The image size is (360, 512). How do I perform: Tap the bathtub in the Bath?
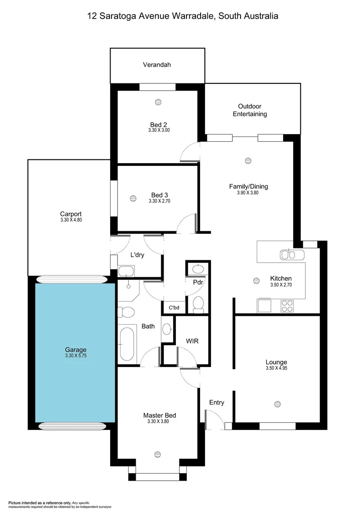point(126,344)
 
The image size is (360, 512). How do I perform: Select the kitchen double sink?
point(292,255)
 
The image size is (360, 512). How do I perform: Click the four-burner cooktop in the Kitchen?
point(287,306)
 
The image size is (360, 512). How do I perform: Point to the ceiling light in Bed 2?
point(157,101)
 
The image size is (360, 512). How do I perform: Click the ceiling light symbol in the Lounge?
point(277,404)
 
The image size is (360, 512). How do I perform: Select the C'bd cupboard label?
point(174,308)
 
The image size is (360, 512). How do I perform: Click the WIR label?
point(192,340)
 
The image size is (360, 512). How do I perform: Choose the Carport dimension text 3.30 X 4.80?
point(71,220)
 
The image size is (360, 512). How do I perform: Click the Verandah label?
point(157,65)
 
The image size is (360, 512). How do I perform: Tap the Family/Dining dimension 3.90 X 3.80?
point(248,193)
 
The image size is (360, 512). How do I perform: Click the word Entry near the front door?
point(216,402)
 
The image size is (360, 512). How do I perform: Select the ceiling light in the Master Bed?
point(157,454)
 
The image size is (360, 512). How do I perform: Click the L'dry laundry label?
point(137,255)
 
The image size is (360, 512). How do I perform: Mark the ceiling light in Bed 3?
point(133,198)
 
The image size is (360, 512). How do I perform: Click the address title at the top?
point(183,16)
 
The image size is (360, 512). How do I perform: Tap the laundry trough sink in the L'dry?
point(126,271)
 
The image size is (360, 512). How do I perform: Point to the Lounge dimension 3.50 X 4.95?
point(277,368)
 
